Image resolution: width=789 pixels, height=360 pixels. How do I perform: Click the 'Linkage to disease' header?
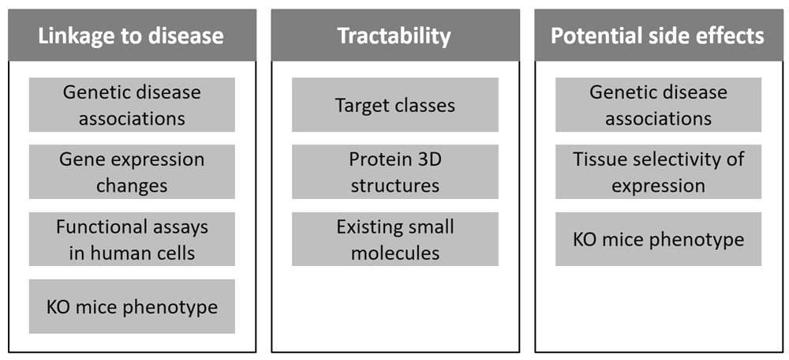(132, 36)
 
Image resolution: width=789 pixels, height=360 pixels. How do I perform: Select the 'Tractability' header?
(395, 36)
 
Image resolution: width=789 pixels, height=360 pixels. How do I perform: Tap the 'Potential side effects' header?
(658, 36)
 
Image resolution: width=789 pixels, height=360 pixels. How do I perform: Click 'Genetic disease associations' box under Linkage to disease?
(132, 105)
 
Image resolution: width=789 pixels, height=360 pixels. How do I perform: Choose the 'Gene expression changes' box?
(132, 171)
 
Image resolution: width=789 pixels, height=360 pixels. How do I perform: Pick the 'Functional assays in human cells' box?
(132, 239)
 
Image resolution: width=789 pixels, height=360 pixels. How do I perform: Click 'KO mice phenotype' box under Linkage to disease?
(132, 306)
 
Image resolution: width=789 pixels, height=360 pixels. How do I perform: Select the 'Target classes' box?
(395, 105)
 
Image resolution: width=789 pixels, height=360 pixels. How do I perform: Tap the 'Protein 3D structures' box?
(395, 171)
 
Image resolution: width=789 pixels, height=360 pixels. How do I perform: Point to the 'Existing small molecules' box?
(395, 239)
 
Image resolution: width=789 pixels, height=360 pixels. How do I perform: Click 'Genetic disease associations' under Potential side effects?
(658, 105)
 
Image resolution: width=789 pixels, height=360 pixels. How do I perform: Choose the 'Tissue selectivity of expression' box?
(658, 171)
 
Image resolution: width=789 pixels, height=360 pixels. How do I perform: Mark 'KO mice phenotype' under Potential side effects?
(658, 239)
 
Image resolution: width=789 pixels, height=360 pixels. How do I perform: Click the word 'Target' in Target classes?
(358, 106)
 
